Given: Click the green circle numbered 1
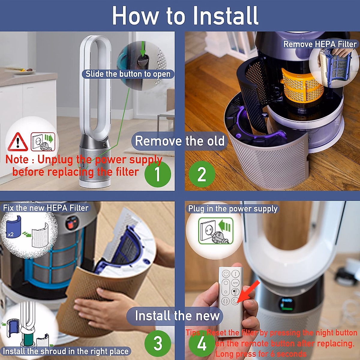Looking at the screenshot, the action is tap(158, 174).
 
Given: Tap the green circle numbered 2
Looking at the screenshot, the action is tap(202, 174).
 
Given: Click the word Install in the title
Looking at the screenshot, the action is tap(225, 16).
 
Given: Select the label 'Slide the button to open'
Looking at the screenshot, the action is tap(128, 74).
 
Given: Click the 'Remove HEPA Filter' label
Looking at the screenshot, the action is tap(320, 44).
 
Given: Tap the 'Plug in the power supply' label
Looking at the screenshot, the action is tap(233, 209).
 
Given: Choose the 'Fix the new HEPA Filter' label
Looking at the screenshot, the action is tap(46, 208).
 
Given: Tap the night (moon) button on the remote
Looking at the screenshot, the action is tap(235, 301).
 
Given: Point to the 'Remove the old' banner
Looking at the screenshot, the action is tap(180, 141).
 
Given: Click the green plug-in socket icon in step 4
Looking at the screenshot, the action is tap(216, 231).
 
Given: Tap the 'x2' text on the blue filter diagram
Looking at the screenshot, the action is tap(10, 234).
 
